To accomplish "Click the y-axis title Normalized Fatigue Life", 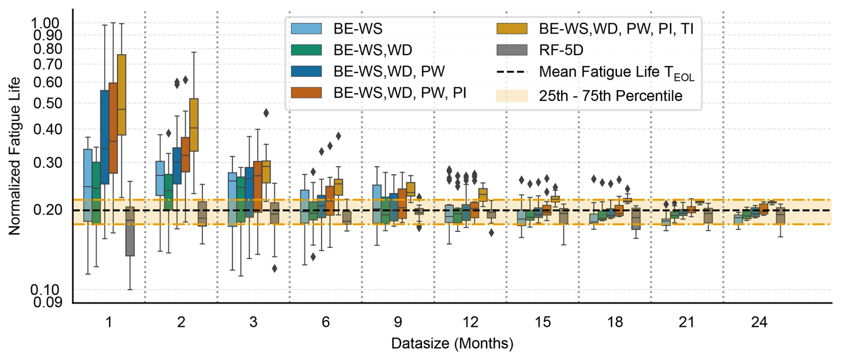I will tap(14, 156).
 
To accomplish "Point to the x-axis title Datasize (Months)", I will tap(452, 344).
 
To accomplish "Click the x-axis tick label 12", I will tap(470, 322).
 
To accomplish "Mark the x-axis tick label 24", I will tap(759, 322).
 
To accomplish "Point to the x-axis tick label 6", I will tap(326, 322).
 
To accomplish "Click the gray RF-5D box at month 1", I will tap(130, 231).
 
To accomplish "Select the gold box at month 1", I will tap(121, 95).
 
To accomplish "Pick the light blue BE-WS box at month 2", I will tap(160, 178).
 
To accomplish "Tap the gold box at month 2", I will tap(194, 125).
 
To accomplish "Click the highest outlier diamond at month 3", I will tap(266, 113).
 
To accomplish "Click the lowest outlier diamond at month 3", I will tap(274, 268).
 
